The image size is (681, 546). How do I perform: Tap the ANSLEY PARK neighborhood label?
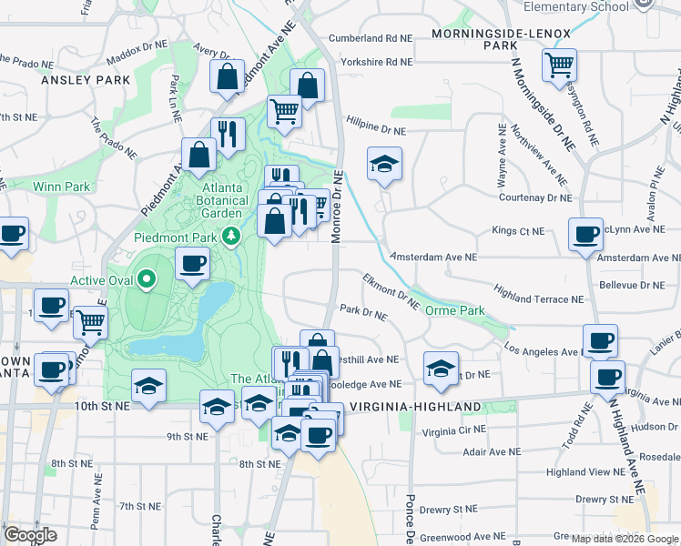(86, 80)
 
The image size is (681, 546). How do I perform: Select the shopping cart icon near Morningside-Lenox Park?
(558, 65)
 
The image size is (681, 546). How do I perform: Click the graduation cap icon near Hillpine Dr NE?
(384, 164)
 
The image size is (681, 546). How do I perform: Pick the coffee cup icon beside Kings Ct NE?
(585, 234)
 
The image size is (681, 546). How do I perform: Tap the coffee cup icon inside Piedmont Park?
(191, 264)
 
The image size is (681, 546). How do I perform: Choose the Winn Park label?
(61, 187)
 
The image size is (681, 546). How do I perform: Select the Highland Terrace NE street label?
(538, 298)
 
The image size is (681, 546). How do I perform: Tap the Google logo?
(30, 535)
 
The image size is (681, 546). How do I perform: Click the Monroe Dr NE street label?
(338, 207)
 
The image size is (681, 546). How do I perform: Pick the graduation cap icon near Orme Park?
(441, 369)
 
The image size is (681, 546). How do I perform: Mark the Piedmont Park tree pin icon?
(232, 237)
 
